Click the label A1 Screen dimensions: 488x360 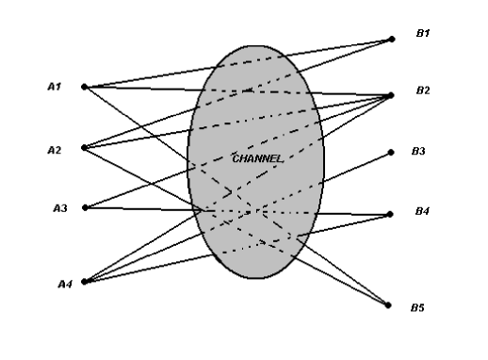coord(54,86)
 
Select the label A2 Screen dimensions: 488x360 coord(54,148)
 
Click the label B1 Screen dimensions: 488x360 coord(423,33)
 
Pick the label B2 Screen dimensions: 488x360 coord(423,90)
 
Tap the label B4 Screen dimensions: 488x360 coord(422,211)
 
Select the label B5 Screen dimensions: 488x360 coord(416,306)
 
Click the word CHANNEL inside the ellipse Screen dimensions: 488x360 coord(256,158)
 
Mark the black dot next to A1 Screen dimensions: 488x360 coord(85,87)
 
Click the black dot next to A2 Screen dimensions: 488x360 coord(85,147)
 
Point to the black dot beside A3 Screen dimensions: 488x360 coord(86,207)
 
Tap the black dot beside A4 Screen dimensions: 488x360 coord(85,281)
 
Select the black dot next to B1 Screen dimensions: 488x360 coord(392,39)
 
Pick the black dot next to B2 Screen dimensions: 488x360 coord(392,95)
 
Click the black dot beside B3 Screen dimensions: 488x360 coord(392,152)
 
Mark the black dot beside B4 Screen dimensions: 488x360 coord(391,214)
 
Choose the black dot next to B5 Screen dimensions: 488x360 coord(387,303)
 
